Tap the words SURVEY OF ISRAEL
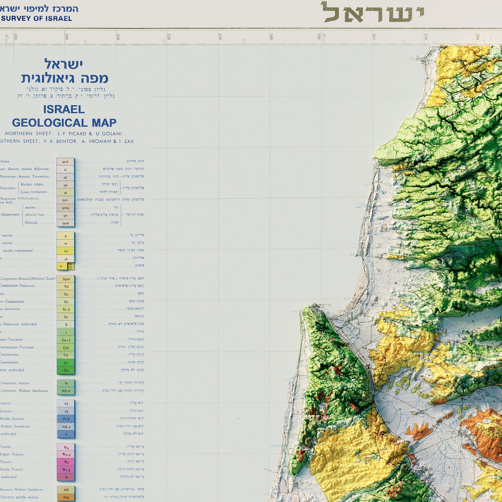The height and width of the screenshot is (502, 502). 36,19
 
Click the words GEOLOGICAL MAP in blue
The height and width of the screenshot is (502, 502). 64,123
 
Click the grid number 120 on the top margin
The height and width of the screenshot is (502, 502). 169,37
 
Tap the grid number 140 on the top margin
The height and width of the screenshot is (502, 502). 271,37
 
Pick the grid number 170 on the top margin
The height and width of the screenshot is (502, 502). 426,37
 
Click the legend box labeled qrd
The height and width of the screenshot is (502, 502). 65,162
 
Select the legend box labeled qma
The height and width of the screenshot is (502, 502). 65,208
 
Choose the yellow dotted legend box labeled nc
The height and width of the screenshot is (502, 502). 65,251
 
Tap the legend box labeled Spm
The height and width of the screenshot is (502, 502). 66,279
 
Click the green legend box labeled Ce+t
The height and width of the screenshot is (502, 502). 66,340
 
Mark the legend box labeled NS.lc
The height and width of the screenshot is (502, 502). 66,391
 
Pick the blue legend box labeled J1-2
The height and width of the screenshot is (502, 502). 66,419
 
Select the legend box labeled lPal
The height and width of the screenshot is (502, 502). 66,497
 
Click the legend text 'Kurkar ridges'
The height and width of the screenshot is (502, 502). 32,184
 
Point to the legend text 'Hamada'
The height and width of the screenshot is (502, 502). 31,222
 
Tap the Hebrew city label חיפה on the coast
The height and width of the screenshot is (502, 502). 323,305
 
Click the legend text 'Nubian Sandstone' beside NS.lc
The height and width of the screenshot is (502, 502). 33,391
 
